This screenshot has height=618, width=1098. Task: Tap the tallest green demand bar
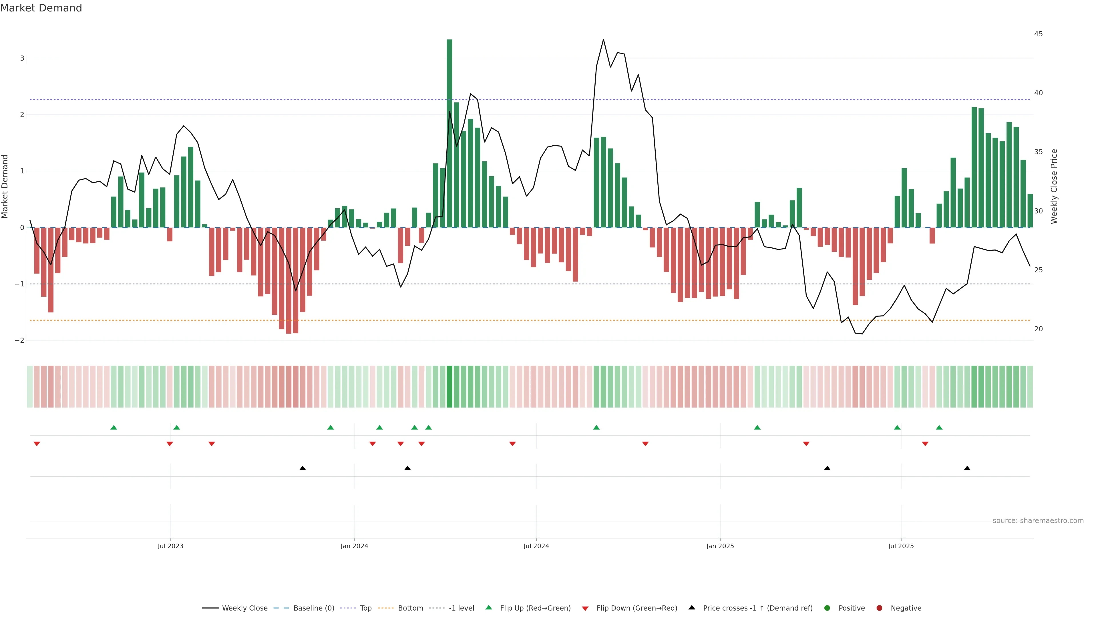[449, 133]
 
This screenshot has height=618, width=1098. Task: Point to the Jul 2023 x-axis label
[170, 546]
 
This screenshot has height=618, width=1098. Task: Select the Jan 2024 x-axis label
[354, 546]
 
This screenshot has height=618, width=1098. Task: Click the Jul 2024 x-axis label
[536, 546]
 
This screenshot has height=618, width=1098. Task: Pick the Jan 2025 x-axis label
[720, 546]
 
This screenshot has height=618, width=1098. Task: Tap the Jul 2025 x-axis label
[901, 546]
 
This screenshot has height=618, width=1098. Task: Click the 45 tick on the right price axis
[1038, 34]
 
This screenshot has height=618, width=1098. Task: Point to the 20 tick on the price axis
[1038, 329]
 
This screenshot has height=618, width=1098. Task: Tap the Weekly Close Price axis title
[1054, 186]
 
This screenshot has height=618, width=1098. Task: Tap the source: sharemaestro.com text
[1038, 521]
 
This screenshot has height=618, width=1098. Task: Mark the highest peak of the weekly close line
[603, 40]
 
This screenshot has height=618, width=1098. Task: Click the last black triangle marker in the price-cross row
[967, 468]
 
